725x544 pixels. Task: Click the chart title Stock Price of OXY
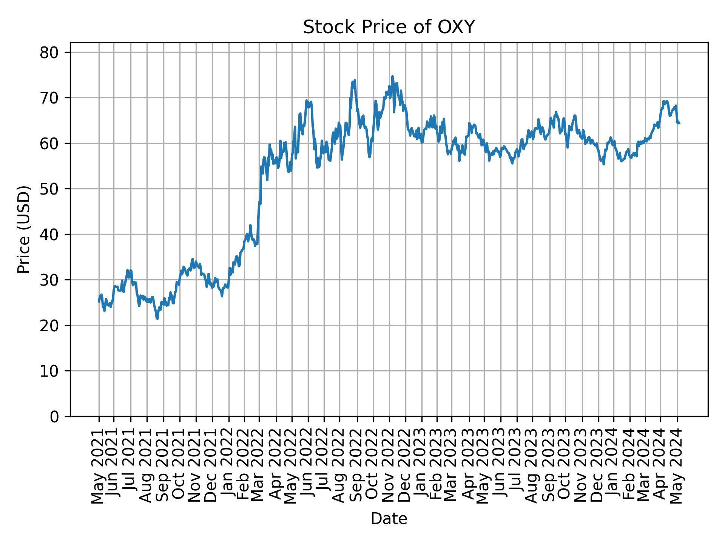coord(389,28)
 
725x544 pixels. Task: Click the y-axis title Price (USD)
coord(24,229)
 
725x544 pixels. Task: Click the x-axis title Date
coord(389,519)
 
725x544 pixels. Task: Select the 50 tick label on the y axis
coord(49,189)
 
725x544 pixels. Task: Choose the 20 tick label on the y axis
coord(49,325)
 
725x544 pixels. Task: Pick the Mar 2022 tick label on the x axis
coord(259,466)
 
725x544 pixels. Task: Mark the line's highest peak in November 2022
coord(392,76)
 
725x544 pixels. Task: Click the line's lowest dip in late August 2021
coord(157,318)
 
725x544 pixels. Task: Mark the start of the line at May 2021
coord(99,301)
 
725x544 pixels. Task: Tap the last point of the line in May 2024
coord(679,123)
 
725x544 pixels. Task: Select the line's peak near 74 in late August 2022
coord(355,80)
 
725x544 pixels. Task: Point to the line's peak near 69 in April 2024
coord(663,101)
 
